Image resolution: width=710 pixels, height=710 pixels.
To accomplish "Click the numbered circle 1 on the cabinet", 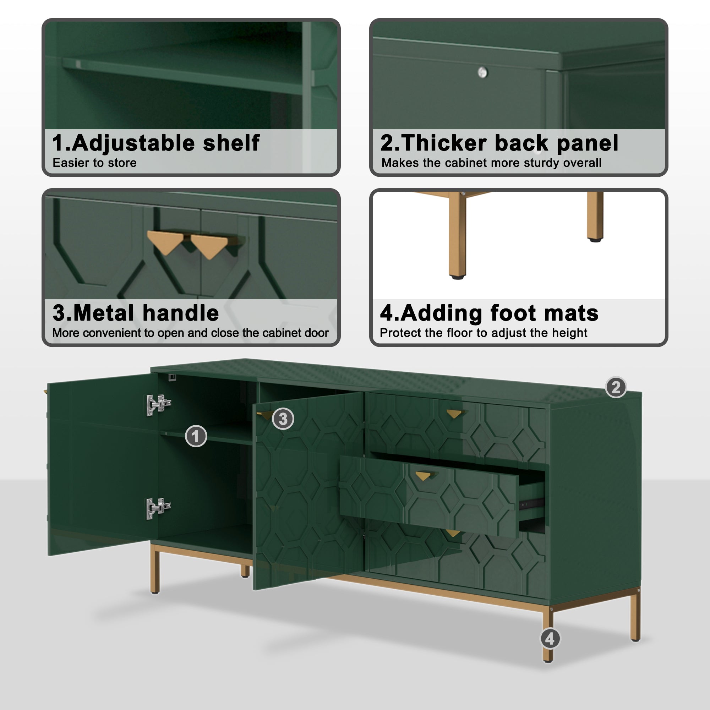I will [x=196, y=436].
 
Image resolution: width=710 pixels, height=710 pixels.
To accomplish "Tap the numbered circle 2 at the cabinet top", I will [x=616, y=387].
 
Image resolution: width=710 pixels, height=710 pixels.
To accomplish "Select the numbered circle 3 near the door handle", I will [x=283, y=419].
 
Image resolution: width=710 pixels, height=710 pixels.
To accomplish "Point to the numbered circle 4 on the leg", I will [x=550, y=639].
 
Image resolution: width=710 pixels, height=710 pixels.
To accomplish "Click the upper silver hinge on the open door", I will [x=158, y=405].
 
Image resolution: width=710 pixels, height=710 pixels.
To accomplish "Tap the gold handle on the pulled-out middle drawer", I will [x=424, y=476].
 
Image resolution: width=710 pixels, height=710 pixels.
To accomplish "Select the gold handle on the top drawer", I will [x=454, y=414].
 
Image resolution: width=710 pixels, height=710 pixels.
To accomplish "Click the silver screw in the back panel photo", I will [x=482, y=72].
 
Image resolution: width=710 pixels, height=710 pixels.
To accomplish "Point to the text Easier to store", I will [x=94, y=163].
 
